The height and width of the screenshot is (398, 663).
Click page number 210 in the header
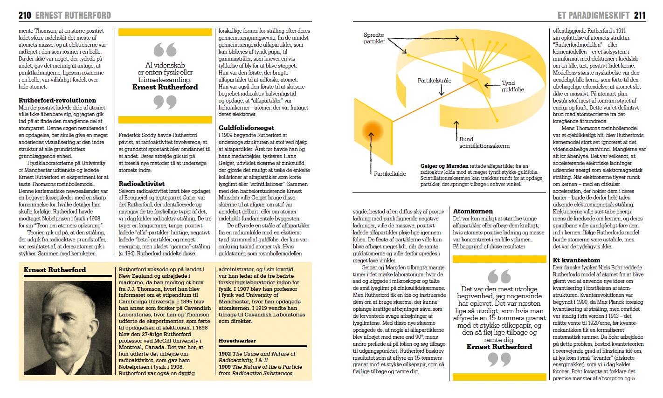(x=25, y=15)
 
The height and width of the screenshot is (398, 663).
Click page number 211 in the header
(x=640, y=15)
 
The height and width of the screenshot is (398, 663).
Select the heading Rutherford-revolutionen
(x=57, y=100)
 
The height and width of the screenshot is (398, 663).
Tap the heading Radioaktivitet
(x=142, y=184)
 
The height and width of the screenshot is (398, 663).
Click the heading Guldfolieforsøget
(x=246, y=128)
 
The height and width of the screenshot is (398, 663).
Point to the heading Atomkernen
(x=473, y=211)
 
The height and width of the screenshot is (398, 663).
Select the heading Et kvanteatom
(x=576, y=260)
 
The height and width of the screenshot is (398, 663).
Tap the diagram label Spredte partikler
(x=374, y=38)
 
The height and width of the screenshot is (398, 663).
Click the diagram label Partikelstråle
(x=434, y=81)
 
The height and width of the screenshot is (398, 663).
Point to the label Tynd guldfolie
(x=512, y=86)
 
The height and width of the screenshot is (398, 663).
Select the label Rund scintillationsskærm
(x=484, y=142)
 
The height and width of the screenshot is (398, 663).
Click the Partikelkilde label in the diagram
(x=390, y=174)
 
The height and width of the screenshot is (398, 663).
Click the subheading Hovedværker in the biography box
(x=237, y=341)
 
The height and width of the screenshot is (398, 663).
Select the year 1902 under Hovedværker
(x=225, y=354)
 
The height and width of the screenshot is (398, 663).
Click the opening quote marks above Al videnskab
(x=165, y=50)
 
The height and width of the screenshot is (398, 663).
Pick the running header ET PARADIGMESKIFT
(x=593, y=15)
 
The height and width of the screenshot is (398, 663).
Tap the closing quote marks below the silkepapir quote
(x=499, y=359)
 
